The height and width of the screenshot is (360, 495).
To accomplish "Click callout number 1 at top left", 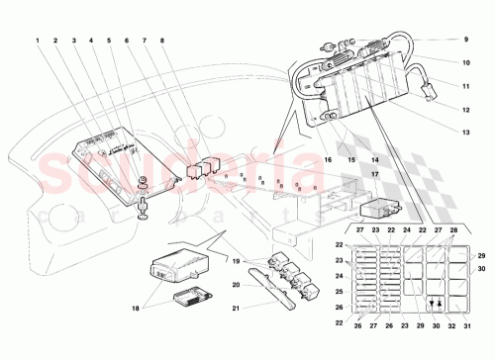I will click(x=38, y=42).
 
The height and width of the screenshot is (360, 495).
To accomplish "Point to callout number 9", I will click(x=463, y=40).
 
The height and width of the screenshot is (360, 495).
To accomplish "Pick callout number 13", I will click(x=463, y=130).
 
